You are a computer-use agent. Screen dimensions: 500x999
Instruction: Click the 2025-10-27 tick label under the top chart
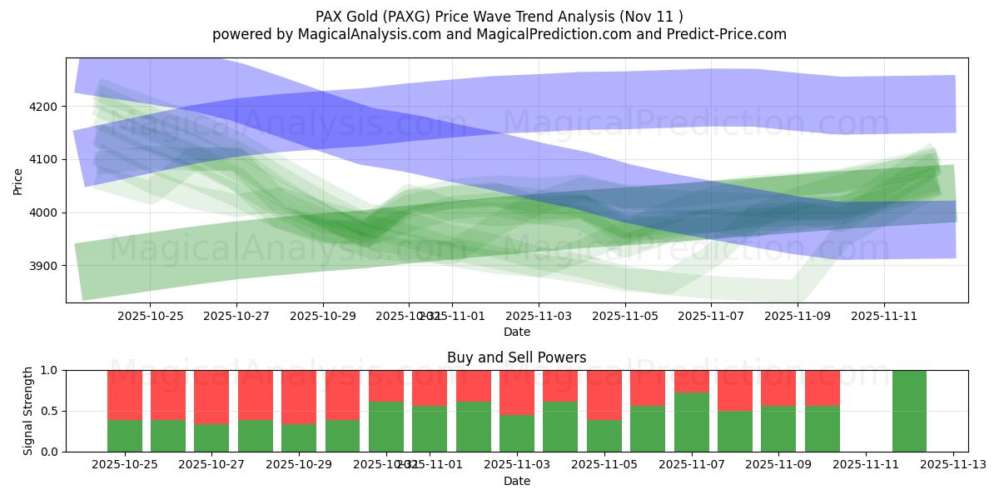pyautogui.click(x=236, y=316)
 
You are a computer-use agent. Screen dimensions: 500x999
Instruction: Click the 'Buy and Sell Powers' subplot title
pyautogui.click(x=516, y=357)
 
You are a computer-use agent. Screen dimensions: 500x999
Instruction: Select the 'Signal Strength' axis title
pyautogui.click(x=28, y=411)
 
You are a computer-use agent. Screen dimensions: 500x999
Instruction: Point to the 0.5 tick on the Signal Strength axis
pyautogui.click(x=50, y=411)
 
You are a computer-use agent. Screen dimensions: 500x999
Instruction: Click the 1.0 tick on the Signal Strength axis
pyautogui.click(x=50, y=370)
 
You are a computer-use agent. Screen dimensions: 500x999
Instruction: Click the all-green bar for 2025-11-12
pyautogui.click(x=909, y=411)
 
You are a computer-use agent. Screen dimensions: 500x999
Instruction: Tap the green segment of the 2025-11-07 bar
pyautogui.click(x=691, y=422)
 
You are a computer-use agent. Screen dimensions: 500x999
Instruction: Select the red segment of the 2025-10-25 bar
pyautogui.click(x=124, y=395)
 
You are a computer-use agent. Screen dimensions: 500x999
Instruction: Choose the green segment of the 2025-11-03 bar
pyautogui.click(x=516, y=432)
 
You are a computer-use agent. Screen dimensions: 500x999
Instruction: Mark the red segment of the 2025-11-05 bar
pyautogui.click(x=604, y=395)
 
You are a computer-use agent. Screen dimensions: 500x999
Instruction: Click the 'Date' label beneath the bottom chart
pyautogui.click(x=516, y=481)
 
